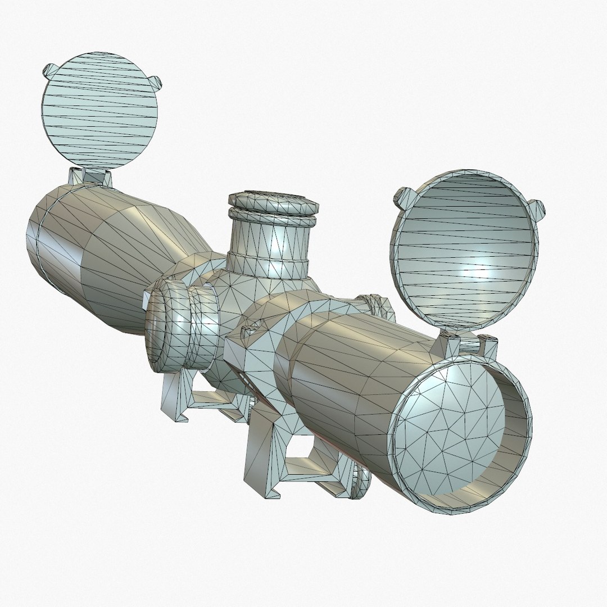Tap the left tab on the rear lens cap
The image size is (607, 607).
(x=49, y=71)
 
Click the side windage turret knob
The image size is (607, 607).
(x=169, y=326)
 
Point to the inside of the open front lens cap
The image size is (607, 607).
(x=466, y=253)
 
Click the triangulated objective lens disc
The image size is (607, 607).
(x=450, y=427)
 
